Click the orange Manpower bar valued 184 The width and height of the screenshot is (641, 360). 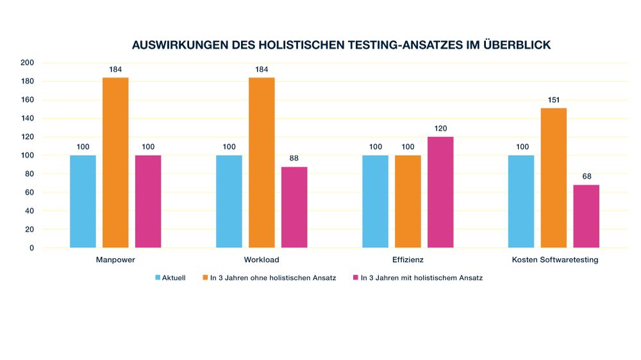click(115, 163)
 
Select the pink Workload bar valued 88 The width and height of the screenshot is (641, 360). click(294, 207)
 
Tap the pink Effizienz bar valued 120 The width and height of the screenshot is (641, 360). click(440, 192)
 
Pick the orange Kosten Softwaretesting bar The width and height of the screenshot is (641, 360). click(554, 177)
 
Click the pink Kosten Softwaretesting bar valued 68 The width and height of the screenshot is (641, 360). click(586, 216)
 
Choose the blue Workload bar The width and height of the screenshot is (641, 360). click(229, 201)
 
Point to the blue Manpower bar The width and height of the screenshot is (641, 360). click(83, 201)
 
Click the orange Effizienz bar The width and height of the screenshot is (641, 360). click(408, 201)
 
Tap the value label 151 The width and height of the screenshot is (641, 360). click(554, 100)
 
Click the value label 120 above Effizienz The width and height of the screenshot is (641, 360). click(440, 129)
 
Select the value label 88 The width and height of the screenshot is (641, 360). click(294, 159)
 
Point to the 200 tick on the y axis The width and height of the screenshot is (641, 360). click(27, 63)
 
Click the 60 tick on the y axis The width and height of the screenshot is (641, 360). click(29, 192)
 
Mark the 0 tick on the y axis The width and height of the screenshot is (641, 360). click(31, 248)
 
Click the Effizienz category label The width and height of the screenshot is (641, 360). click(408, 260)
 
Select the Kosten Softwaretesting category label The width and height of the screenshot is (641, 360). click(554, 260)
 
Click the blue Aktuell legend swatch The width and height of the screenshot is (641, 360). click(158, 278)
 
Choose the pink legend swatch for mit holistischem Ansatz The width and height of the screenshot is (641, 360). click(356, 278)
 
